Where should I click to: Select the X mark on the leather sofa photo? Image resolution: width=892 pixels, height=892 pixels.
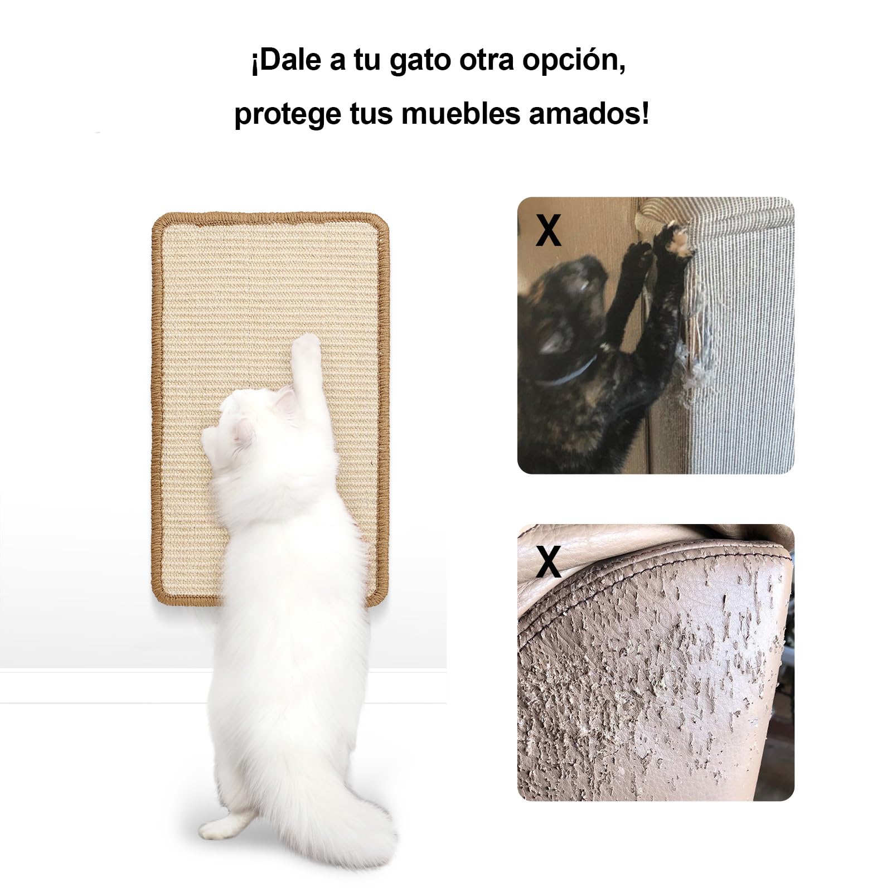pos(548,561)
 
